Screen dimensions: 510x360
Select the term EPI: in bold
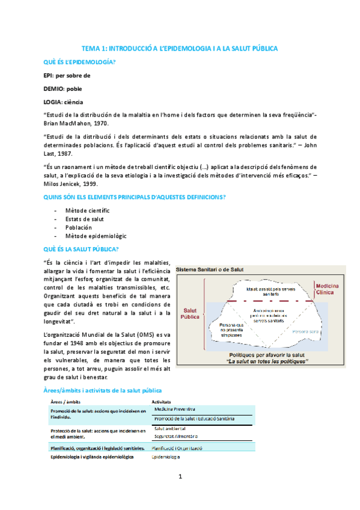coord(50,75)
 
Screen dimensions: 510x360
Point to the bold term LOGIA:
coord(55,101)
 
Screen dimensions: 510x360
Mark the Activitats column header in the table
coord(162,401)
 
